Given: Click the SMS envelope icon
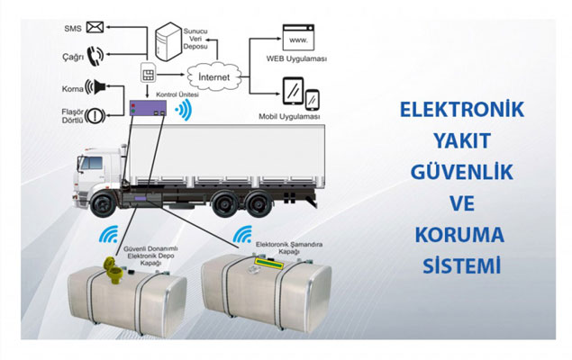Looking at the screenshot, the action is [95, 27].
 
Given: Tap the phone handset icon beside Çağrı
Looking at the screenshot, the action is [95, 56].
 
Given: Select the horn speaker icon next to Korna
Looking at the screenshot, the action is [95, 87].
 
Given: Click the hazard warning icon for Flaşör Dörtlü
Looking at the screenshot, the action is [95, 116].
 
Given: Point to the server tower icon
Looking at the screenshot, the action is [168, 41].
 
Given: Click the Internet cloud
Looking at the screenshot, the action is [214, 76].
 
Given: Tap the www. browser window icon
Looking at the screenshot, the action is [298, 38].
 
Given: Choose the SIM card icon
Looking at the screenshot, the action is [148, 72].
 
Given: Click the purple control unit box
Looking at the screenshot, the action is [148, 108].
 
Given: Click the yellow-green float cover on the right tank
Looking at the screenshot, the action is [269, 264].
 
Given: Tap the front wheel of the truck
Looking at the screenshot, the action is [103, 205].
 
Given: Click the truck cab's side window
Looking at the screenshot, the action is [92, 163].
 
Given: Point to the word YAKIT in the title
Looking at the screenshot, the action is [462, 141].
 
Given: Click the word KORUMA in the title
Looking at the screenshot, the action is [459, 235].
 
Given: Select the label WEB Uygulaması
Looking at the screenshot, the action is [296, 58].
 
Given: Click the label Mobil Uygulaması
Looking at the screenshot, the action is [289, 117].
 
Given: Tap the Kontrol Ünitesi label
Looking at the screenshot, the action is [177, 94].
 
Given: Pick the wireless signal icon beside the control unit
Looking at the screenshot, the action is [184, 110].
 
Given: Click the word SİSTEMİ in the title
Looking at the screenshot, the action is [462, 266].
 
